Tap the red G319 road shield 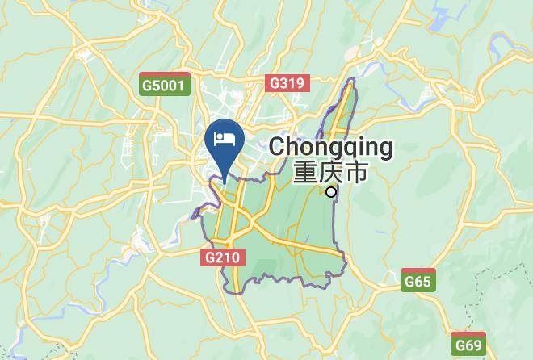coord(287,82)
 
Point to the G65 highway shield coord(418,281)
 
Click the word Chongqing coord(331,148)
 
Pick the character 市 coord(356,173)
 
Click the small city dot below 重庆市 coord(331,192)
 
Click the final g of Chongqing coord(384,149)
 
